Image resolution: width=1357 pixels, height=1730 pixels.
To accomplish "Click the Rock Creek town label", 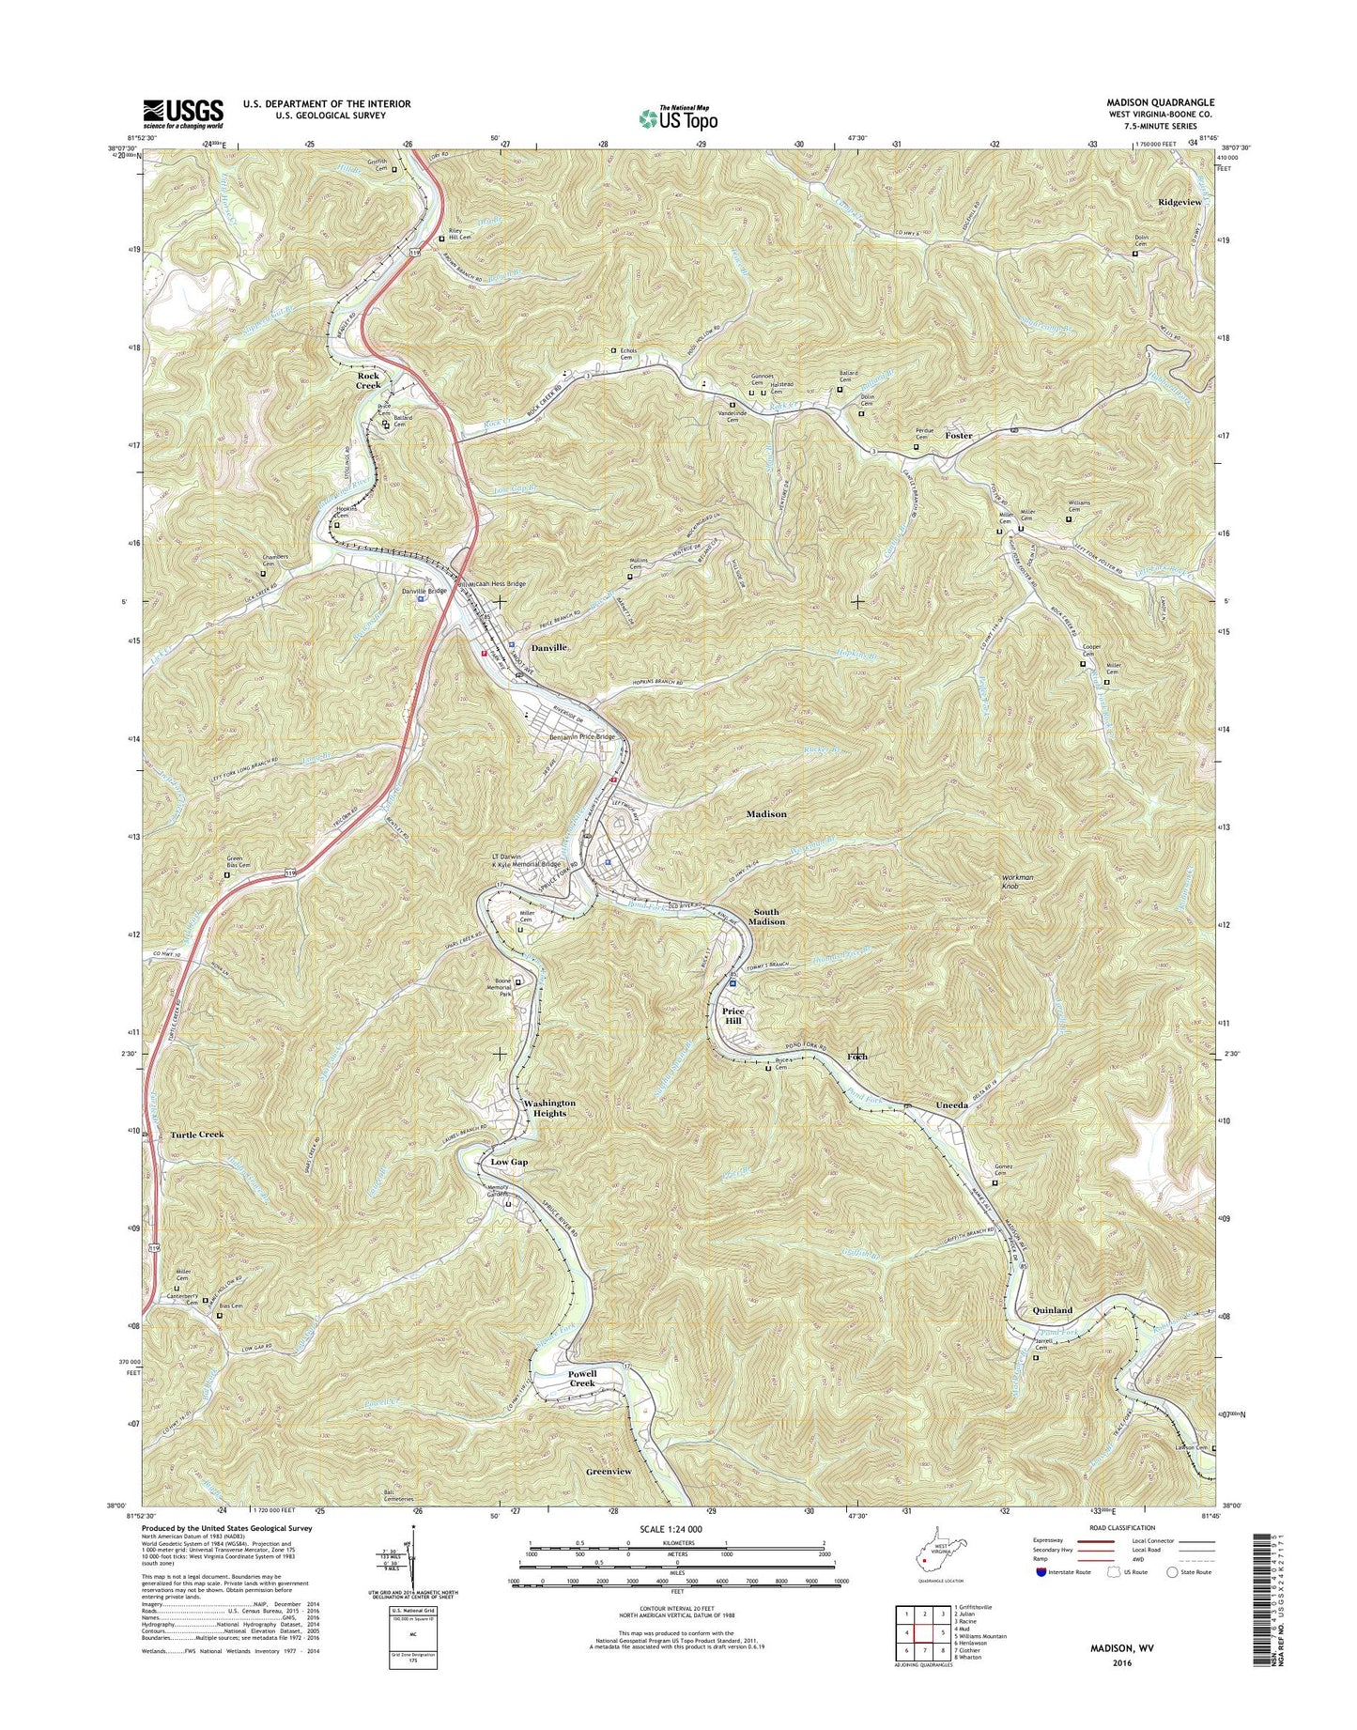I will tap(368, 379).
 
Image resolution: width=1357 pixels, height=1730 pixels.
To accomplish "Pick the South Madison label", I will tap(767, 917).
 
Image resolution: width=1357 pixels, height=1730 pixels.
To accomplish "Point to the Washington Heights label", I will tap(549, 1107).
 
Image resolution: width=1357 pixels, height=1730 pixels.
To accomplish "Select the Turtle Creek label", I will tap(197, 1135).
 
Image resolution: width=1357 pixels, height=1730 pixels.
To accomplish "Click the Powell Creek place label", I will tap(582, 1379).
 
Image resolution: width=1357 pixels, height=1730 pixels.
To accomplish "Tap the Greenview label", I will tap(609, 1471).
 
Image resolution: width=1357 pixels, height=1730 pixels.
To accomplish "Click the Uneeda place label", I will tap(951, 1105).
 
